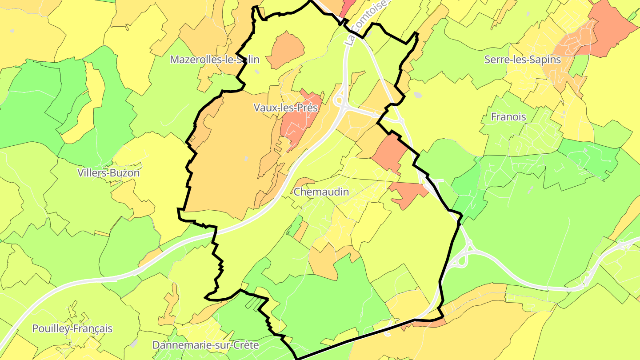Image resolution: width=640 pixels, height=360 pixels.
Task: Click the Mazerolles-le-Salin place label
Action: (215, 60)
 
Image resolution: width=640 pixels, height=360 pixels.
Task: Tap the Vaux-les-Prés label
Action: (286, 107)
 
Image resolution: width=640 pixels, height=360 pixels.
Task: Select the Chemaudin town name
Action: (321, 192)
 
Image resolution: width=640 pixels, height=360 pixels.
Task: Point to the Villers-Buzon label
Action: (108, 172)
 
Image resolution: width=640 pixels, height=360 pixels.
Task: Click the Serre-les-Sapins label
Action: (523, 60)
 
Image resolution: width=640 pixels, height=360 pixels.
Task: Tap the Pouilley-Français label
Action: (72, 328)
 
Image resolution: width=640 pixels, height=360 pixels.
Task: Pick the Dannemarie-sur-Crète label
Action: (212, 344)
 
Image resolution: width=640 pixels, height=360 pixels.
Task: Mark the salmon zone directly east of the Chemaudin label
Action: (408, 193)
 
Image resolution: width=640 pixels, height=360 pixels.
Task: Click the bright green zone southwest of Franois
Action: (465, 182)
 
